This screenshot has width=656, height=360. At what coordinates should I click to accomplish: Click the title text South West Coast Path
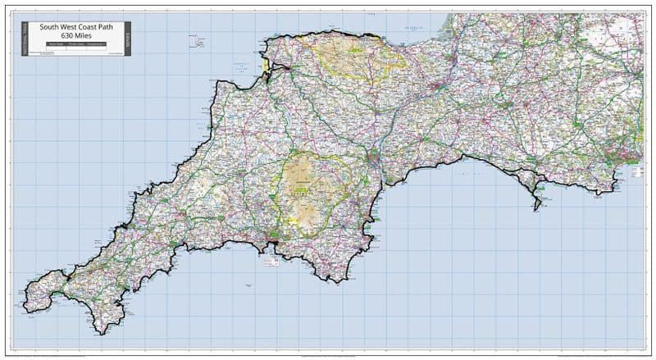click(75, 26)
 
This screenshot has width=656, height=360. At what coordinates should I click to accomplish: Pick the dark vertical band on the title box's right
click(126, 39)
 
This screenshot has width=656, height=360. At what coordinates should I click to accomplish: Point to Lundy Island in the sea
click(198, 39)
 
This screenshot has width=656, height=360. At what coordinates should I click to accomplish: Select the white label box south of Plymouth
click(270, 262)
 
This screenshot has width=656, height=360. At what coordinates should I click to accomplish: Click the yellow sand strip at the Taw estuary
click(265, 63)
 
